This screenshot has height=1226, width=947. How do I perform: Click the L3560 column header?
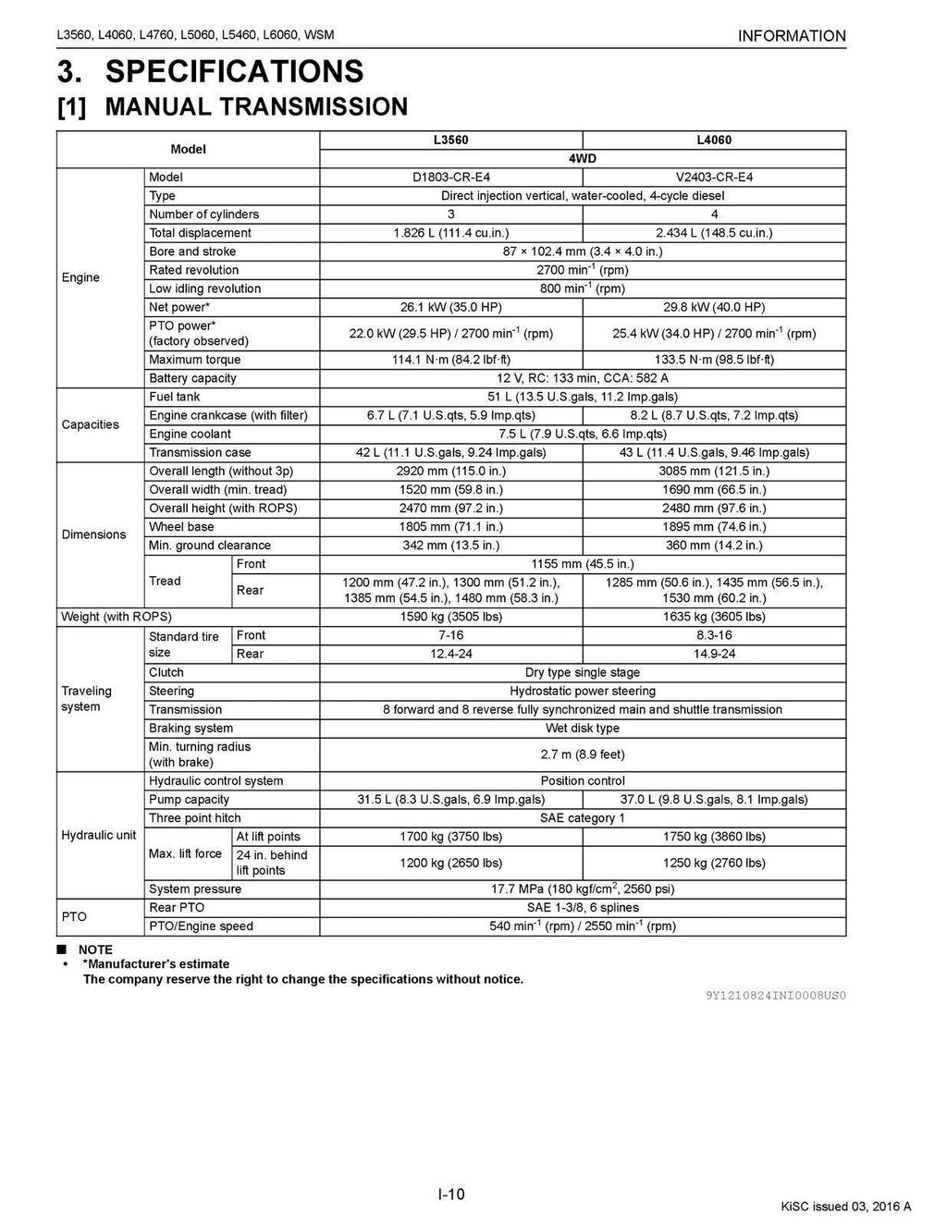pos(450,141)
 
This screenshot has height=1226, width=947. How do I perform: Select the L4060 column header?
pos(714,141)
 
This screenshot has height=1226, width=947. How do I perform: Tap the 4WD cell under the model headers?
pos(583,159)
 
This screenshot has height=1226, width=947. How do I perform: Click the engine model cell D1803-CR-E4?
pos(450,178)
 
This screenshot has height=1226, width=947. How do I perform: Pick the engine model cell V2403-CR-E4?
pos(714,178)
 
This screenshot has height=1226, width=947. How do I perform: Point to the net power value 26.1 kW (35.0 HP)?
pos(450,307)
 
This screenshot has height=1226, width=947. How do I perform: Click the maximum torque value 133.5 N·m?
pos(714,360)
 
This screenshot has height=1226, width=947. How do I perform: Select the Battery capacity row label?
pos(192,378)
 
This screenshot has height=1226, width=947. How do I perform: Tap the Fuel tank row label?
pos(174,397)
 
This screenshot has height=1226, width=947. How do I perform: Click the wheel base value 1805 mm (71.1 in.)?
pos(450,527)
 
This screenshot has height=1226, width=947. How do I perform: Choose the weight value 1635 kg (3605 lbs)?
pos(714,617)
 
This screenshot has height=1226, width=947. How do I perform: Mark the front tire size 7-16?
pos(450,635)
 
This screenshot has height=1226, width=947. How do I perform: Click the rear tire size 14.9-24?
pos(714,654)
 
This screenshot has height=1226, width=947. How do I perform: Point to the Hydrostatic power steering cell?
pos(583,691)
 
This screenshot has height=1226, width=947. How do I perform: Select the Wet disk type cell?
pos(583,728)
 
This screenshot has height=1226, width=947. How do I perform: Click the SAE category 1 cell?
pos(583,818)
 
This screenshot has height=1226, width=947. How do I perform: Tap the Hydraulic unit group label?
pos(98,835)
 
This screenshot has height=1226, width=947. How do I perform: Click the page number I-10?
pos(451,1195)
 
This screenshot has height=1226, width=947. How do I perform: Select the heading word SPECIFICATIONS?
pos(235,71)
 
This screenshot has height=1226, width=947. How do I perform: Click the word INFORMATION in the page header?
pos(792,36)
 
